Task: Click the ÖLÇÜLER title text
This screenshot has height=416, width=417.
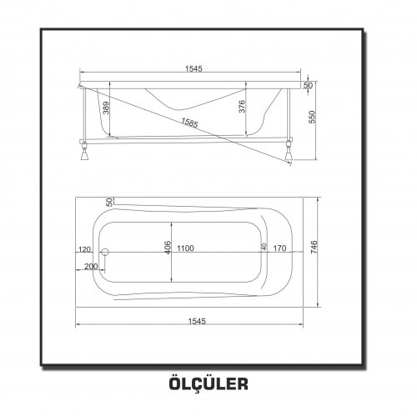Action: click(208, 384)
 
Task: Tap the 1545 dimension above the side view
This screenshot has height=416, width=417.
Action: click(193, 68)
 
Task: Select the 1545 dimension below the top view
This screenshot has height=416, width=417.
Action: click(197, 321)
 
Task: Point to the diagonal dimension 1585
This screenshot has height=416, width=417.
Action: click(189, 123)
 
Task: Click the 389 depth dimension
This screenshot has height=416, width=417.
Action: click(107, 108)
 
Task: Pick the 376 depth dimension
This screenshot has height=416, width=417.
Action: click(242, 107)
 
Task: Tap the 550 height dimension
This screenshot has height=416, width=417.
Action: click(313, 117)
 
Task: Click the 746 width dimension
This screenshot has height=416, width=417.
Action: click(314, 247)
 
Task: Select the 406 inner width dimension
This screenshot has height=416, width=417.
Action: click(168, 247)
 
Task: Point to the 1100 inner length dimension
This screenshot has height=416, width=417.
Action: click(185, 248)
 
